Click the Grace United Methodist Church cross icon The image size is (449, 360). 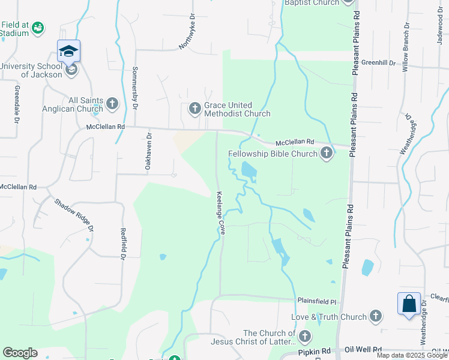point(194,109)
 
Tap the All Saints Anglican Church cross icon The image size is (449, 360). point(112,104)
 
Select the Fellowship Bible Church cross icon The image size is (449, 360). point(326,154)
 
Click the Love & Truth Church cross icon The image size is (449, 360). point(376,316)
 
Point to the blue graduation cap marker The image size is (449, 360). point(69,52)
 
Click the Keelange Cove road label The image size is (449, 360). point(220,213)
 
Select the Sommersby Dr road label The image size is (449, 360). point(135,88)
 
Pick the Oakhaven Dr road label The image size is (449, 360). point(148,152)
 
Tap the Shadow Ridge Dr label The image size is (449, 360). point(74,215)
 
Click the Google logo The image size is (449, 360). point(20,353)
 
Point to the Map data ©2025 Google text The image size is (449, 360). point(411,355)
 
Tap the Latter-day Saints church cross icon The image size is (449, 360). point(305,337)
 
